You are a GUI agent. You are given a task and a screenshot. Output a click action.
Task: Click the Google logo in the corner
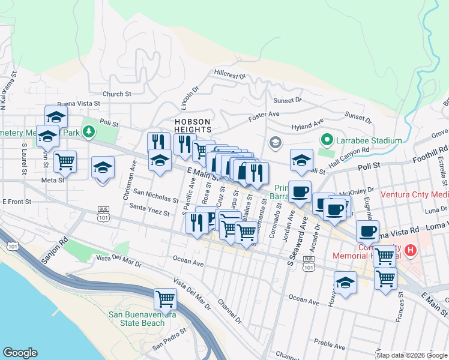pyautogui.click(x=20, y=353)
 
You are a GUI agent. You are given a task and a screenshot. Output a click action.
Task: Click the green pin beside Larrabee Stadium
pyautogui.click(x=327, y=140)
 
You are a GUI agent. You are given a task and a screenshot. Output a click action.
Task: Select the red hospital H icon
pyautogui.click(x=411, y=250)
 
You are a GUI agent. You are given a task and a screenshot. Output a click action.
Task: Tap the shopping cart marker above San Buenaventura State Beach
pyautogui.click(x=165, y=298)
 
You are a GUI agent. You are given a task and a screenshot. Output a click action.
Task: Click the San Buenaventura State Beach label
pyautogui.click(x=142, y=319)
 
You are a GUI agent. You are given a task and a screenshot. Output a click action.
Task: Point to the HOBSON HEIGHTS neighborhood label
pyautogui.click(x=193, y=125)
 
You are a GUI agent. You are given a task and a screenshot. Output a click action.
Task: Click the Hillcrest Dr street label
pyautogui.click(x=230, y=74)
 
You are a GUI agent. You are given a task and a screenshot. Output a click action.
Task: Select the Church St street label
pyautogui.click(x=116, y=94)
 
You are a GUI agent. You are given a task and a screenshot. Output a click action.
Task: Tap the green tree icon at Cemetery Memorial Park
pyautogui.click(x=89, y=131)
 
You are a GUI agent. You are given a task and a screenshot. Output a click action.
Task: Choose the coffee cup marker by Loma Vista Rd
pyautogui.click(x=367, y=230)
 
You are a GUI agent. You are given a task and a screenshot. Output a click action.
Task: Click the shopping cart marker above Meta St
pyautogui.click(x=65, y=160)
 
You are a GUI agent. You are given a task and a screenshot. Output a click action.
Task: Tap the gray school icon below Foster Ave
pyautogui.click(x=276, y=142)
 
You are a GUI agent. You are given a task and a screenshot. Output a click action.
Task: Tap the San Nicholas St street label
pyautogui.click(x=155, y=195)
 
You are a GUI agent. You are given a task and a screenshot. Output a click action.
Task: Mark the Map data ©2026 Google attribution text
pyautogui.click(x=412, y=355)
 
